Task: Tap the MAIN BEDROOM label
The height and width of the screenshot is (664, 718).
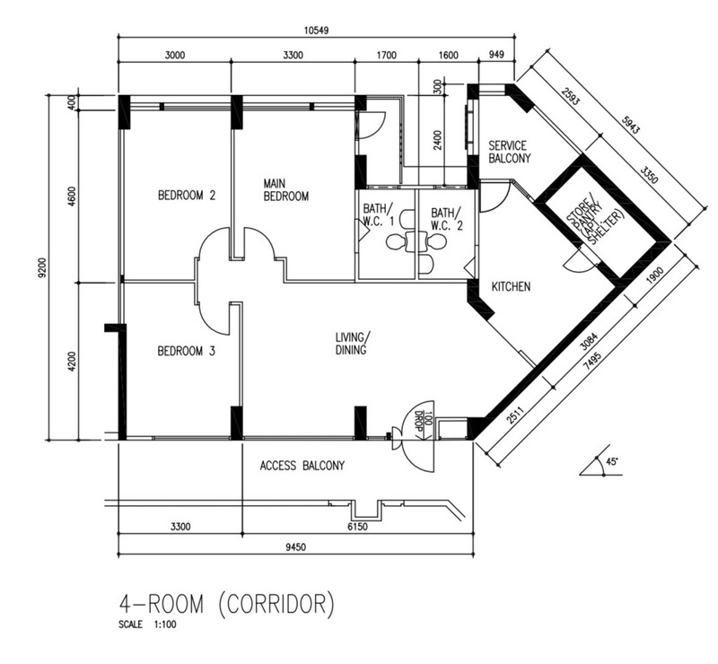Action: pos(285,189)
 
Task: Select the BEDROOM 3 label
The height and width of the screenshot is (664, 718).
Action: pos(186,352)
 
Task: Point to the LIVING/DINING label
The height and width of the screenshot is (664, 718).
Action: pos(352,344)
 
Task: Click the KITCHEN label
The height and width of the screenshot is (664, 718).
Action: pos(512,287)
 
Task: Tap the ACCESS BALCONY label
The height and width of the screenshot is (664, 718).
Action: pos(302,466)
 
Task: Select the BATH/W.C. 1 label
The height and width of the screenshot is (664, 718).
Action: pos(378,219)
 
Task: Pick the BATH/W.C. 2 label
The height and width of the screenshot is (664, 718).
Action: pos(446,219)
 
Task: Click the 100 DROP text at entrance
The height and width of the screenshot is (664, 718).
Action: pos(420,419)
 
